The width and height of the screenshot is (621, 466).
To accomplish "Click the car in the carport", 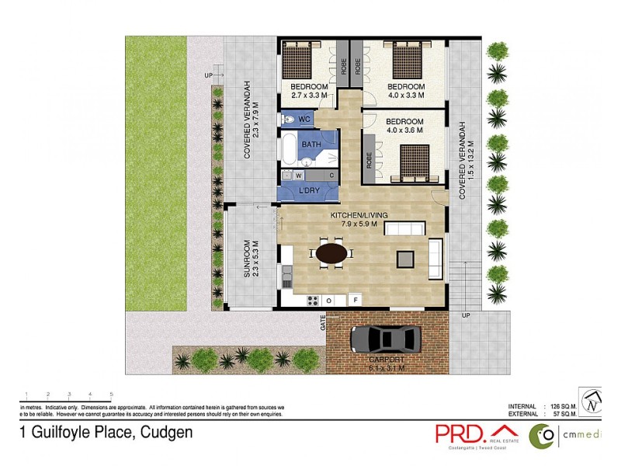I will coord(387,339).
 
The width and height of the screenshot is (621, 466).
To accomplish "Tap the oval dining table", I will coord(331,253).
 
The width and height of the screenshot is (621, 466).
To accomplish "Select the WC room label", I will coord(304,119).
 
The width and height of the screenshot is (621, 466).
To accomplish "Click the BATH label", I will coord(311,144).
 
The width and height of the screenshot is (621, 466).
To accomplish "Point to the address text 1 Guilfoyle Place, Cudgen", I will coord(106,433).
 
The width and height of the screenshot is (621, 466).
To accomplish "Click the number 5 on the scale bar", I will coord(112,395).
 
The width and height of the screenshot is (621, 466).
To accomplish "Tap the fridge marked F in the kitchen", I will coord(356,300).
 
